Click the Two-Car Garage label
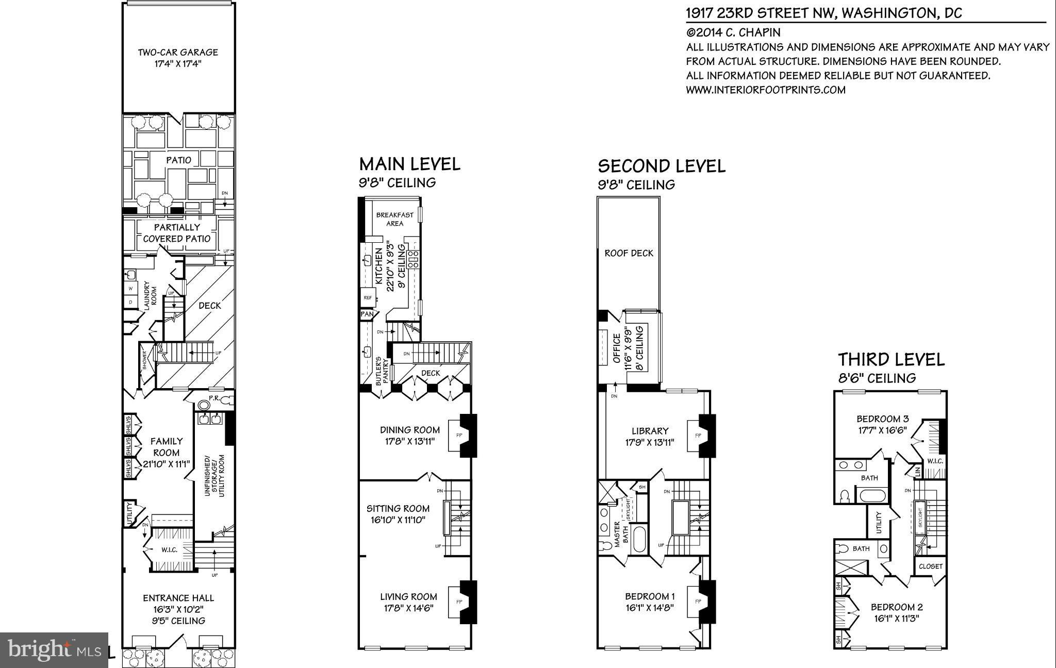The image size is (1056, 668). point(178,52)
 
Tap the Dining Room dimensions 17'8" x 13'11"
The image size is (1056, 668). point(410,441)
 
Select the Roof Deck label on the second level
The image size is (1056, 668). point(629,253)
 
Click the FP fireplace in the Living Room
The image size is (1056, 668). point(458,602)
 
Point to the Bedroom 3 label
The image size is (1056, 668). point(882,419)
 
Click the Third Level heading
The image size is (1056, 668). point(891,359)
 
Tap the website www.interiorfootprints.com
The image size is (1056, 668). point(765,90)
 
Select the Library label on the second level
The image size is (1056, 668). point(650,431)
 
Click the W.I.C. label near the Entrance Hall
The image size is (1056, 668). point(169,550)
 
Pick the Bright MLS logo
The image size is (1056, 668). point(54,650)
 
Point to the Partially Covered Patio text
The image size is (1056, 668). point(176,233)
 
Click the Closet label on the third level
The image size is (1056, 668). point(930,566)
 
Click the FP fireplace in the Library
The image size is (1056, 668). point(698,436)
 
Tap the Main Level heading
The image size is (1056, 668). point(409,164)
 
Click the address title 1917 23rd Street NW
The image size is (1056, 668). point(823,13)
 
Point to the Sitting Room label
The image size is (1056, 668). point(398,509)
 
